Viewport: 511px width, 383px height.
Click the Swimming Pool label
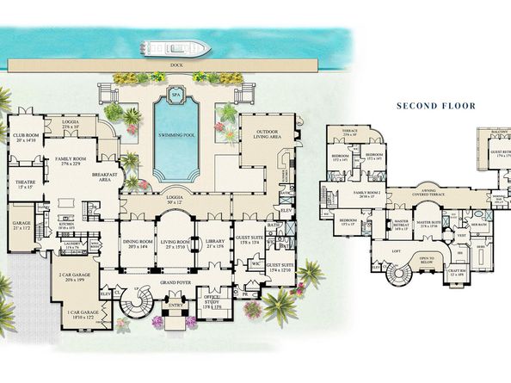(x=175, y=136)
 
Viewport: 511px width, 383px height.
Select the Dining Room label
(x=138, y=244)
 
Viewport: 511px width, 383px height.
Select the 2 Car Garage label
(x=72, y=277)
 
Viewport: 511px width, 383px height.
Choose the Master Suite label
(x=428, y=222)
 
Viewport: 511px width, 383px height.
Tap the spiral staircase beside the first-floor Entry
(x=138, y=304)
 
